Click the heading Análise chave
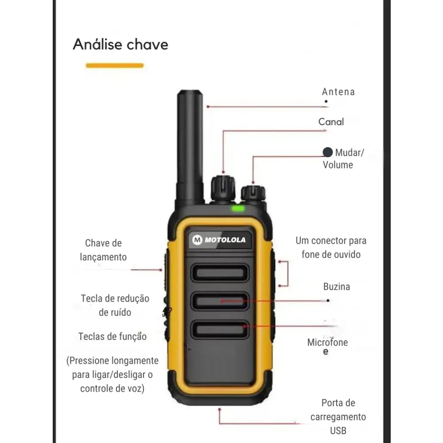pos(120,45)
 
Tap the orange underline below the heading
pos(115,66)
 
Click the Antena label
pos(338,92)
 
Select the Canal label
pos(331,122)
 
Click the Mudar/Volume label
pos(343,159)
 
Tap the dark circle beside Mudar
pos(327,152)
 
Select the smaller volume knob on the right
pos(253,194)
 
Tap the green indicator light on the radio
pos(238,209)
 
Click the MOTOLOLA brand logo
pos(219,240)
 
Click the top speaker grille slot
pos(220,273)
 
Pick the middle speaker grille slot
pos(220,301)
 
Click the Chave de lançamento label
pos(103,250)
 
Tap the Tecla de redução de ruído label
pos(115,305)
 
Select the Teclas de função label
pos(113,337)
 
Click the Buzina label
pos(336,287)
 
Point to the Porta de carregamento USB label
pos(338,416)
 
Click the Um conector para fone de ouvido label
pos(331,247)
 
